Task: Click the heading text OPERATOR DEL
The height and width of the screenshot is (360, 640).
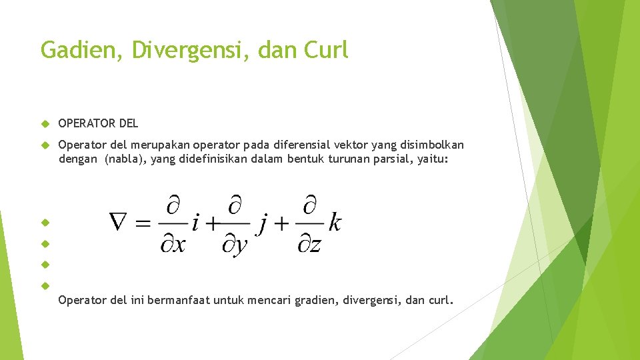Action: click(99, 123)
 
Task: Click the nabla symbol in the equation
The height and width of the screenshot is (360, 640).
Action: click(121, 223)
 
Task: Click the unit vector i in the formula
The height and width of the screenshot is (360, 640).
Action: click(194, 223)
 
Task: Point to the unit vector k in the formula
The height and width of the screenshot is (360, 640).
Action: click(334, 223)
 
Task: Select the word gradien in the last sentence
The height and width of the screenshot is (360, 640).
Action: click(313, 301)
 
